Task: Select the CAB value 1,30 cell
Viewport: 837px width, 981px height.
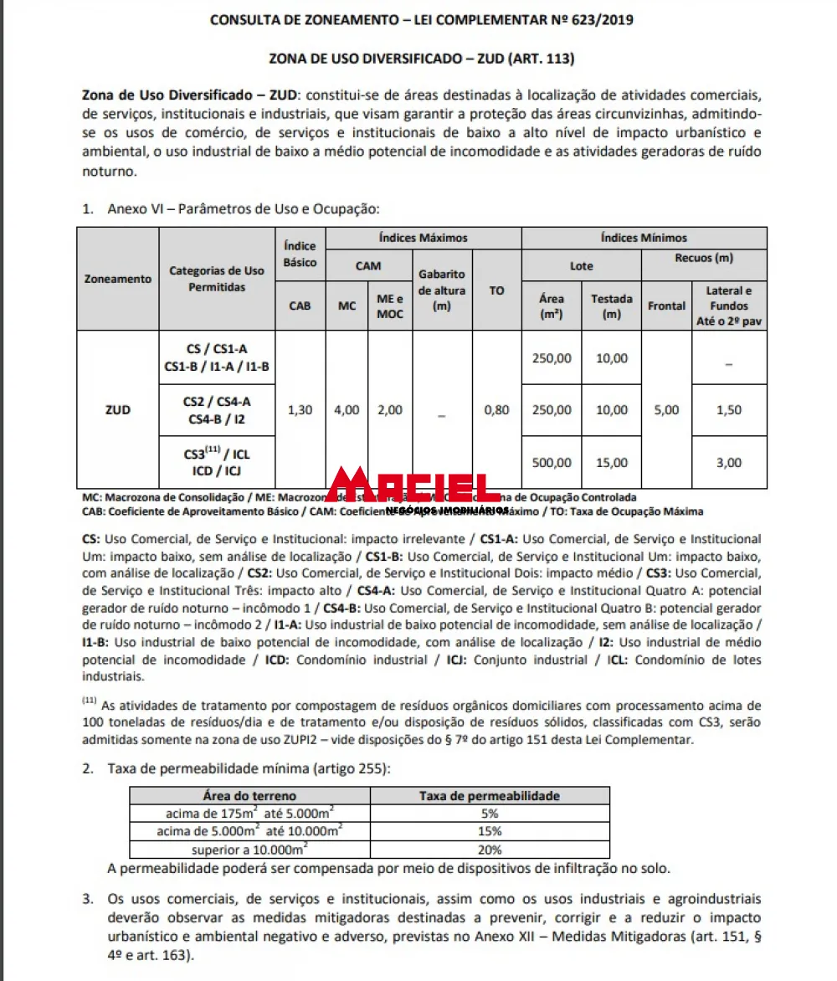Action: (300, 410)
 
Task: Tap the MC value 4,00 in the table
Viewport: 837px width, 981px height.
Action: (347, 410)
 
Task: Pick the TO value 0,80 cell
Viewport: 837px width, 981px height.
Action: (496, 410)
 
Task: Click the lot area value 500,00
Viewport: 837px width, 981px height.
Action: (552, 462)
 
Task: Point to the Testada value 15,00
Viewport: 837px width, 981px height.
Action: (611, 462)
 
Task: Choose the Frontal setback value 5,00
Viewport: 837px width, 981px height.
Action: (666, 410)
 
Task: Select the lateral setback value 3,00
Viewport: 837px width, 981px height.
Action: (729, 462)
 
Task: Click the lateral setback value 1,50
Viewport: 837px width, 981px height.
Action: (729, 410)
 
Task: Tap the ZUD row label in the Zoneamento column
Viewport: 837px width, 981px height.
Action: (118, 410)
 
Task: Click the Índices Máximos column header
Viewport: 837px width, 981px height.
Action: (423, 238)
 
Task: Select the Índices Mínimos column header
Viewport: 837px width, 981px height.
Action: (644, 238)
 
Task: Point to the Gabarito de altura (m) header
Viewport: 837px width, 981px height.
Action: (441, 290)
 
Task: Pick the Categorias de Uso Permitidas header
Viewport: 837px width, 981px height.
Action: (217, 279)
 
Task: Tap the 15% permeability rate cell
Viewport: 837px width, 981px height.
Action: (490, 831)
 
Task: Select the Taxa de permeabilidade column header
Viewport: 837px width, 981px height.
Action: (490, 796)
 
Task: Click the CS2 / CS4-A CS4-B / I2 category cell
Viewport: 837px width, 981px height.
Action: (217, 410)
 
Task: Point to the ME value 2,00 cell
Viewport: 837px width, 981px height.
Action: (389, 410)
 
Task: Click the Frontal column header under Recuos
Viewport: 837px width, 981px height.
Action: (666, 306)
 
